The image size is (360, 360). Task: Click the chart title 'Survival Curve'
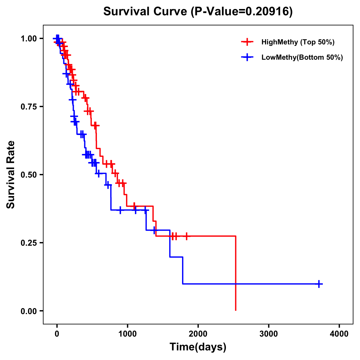click(x=145, y=12)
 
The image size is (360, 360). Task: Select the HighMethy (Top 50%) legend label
click(x=298, y=42)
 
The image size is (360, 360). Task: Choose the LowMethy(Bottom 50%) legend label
click(x=302, y=57)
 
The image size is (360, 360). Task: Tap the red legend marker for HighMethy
click(x=247, y=42)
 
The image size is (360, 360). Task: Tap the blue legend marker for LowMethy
click(x=247, y=57)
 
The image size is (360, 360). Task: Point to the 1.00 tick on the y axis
click(x=29, y=39)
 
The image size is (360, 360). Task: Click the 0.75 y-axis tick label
click(x=29, y=107)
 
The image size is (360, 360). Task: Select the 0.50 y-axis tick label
click(x=29, y=175)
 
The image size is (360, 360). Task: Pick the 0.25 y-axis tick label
click(x=29, y=243)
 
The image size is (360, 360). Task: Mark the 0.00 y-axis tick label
click(x=29, y=311)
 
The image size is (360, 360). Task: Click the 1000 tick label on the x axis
click(x=127, y=334)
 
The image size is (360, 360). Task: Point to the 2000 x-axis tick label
click(x=198, y=334)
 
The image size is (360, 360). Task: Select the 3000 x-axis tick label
click(x=268, y=334)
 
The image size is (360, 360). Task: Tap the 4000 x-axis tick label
click(x=339, y=334)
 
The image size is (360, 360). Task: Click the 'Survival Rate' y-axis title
click(x=11, y=175)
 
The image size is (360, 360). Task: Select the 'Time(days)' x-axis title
click(x=198, y=347)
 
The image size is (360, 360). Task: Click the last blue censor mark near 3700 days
click(x=319, y=283)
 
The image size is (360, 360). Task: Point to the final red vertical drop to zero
click(x=236, y=273)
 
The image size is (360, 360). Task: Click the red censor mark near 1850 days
click(x=187, y=236)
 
